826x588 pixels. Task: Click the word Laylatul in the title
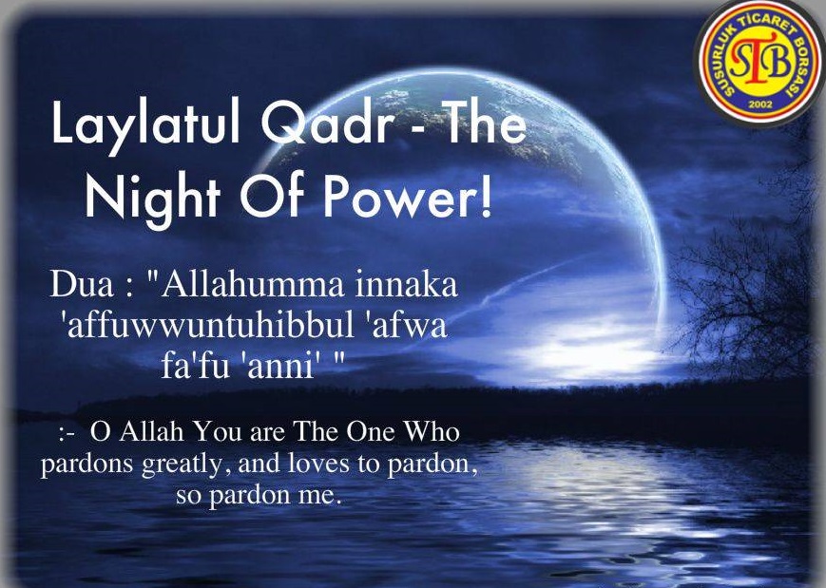pyautogui.click(x=145, y=124)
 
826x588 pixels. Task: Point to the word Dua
pyautogui.click(x=82, y=285)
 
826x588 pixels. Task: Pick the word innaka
pyautogui.click(x=406, y=285)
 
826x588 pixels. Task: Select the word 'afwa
pyautogui.click(x=406, y=325)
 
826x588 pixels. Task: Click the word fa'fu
pyautogui.click(x=196, y=366)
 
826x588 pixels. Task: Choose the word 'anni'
pyautogui.click(x=279, y=366)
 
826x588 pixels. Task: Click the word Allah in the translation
pyautogui.click(x=151, y=431)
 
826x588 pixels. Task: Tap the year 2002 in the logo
pyautogui.click(x=759, y=104)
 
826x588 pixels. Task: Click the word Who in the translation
pyautogui.click(x=432, y=431)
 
